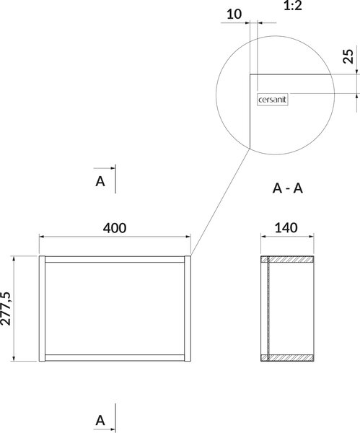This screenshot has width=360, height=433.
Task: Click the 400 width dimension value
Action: (115, 228)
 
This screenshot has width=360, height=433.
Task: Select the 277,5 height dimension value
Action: (6, 308)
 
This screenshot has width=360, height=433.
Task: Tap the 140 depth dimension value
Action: (286, 228)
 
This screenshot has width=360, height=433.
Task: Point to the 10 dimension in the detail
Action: (234, 14)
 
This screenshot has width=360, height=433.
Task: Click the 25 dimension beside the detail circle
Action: (348, 56)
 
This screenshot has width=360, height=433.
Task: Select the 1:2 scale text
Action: (293, 6)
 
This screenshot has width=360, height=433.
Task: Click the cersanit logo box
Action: (273, 100)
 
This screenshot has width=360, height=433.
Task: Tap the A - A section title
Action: (288, 188)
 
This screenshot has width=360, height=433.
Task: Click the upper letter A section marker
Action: (100, 181)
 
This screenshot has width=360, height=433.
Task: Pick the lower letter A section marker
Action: (100, 421)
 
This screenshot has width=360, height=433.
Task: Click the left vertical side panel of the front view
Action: (42, 308)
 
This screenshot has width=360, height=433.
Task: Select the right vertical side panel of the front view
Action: (188, 308)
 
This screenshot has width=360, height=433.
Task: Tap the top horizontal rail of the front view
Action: (115, 259)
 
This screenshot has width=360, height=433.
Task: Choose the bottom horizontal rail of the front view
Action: (115, 358)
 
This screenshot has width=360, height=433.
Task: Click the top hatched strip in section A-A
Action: (287, 259)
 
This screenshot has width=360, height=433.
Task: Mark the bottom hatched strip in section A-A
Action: (287, 358)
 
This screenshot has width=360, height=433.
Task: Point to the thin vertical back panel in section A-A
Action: (268, 308)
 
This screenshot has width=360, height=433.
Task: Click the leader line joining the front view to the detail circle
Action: (221, 202)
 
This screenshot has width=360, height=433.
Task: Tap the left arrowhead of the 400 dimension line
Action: (41, 237)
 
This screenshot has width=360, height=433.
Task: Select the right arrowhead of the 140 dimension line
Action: (312, 237)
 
